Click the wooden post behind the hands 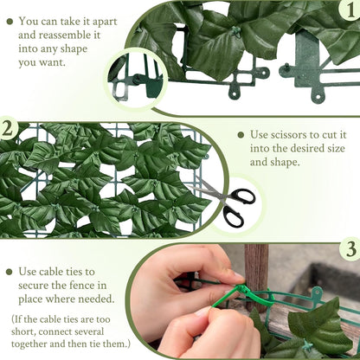[x=256, y=260]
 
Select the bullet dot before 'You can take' [x=9, y=20]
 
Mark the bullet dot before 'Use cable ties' [x=9, y=272]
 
